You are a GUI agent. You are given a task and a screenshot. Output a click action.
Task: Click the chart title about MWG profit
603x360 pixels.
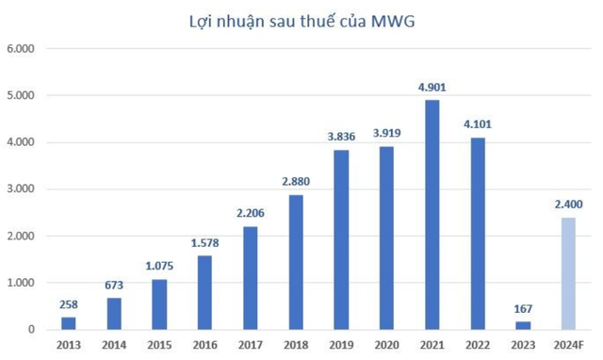pos(301,17)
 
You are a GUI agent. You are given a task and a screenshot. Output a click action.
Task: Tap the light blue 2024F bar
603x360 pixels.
pos(567,273)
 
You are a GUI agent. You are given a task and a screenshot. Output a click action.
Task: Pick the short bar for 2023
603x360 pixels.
pos(523,325)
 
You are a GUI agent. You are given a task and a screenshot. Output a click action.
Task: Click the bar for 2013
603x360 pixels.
pos(70,323)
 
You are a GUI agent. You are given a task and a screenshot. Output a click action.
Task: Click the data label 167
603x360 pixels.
pos(523,309)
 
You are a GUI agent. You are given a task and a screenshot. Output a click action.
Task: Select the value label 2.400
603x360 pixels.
pos(567,205)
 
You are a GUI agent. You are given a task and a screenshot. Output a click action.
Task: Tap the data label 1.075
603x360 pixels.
pos(159,267)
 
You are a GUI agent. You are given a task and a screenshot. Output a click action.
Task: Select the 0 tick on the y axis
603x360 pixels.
pos(32,330)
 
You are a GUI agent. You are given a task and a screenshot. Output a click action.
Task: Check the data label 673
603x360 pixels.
pos(114,286)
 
